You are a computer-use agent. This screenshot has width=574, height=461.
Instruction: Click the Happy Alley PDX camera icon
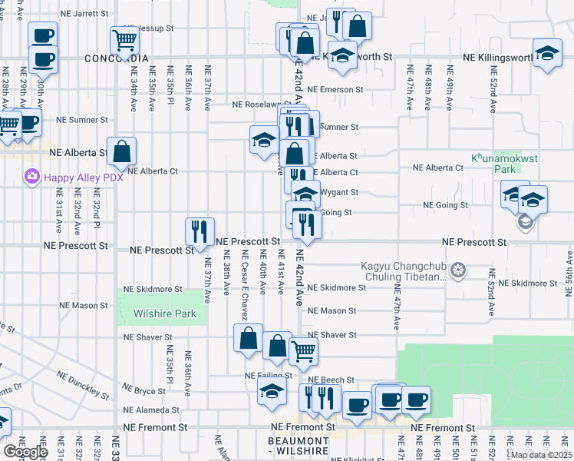[x=31, y=177]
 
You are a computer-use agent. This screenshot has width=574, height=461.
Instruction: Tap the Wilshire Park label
[x=163, y=313]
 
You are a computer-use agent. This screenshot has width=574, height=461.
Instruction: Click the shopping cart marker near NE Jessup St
[x=123, y=39]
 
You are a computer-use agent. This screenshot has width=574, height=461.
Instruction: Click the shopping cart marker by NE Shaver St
[x=304, y=351]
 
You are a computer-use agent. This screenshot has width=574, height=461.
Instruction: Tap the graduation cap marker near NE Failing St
[x=271, y=390]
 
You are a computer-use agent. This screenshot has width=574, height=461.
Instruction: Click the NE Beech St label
[x=331, y=380]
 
